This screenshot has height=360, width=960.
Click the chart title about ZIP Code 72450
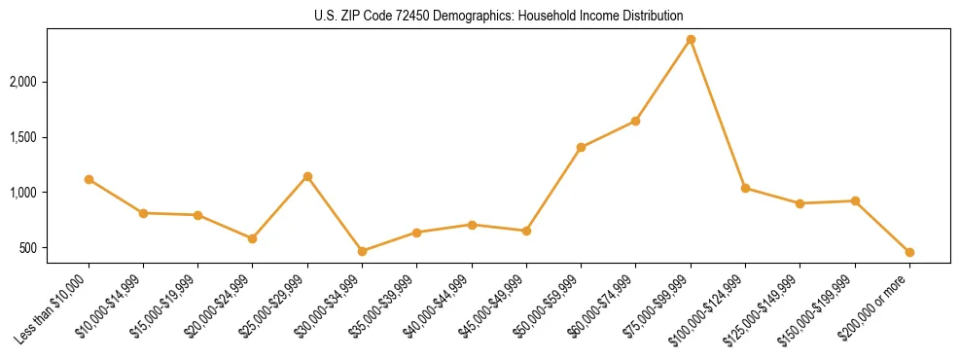499,16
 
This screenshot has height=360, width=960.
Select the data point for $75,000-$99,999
691,39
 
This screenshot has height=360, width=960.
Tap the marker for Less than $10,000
89,179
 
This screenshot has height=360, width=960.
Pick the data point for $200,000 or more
909,252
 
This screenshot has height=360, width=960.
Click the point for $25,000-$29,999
307,176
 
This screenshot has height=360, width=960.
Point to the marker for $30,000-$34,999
362,251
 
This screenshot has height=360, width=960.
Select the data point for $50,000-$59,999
581,147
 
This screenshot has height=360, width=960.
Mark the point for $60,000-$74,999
635,121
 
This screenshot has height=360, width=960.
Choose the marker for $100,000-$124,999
745,188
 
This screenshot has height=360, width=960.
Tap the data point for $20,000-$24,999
253,238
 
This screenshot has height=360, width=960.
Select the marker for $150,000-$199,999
855,200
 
